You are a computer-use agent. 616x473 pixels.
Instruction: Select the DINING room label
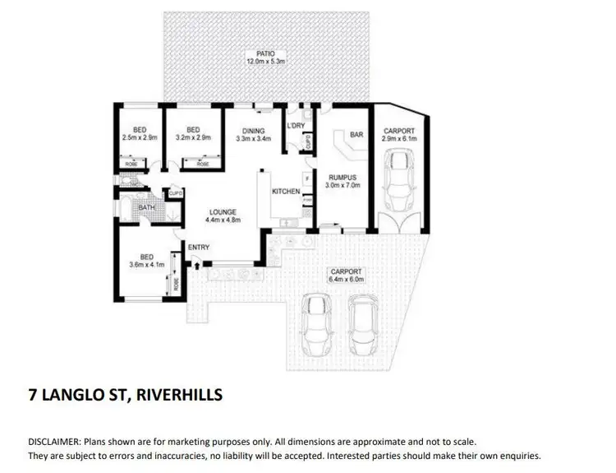point(253,130)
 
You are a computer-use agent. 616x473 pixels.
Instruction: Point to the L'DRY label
point(296,126)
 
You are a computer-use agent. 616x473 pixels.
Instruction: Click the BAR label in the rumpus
point(356,134)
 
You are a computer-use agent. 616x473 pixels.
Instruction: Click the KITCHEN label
point(286,191)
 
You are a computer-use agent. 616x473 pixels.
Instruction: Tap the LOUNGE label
point(223,211)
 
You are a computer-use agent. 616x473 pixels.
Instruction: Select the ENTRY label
point(199,248)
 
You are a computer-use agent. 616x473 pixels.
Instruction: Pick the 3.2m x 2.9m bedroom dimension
point(194,138)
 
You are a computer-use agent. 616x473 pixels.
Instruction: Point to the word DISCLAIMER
point(55,442)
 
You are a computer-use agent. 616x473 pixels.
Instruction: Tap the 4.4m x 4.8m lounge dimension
point(223,220)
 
